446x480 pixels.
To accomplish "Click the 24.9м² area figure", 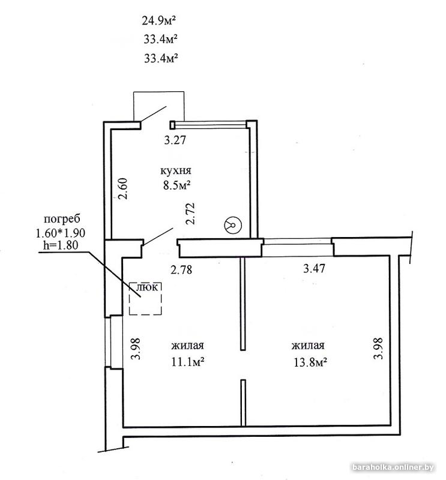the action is pos(158,21).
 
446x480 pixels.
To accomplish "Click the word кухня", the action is pos(176,170).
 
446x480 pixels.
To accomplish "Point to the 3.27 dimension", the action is pos(175,140).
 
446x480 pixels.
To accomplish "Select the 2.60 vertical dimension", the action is pos(123,188).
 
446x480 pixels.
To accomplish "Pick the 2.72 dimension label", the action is pos(190,214).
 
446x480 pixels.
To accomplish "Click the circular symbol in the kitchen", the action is pos(233,225).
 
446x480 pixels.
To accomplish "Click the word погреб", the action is pos(62,219).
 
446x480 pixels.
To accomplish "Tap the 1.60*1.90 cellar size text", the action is pos(61,233).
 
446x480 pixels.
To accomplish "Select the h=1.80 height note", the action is pos(61,245).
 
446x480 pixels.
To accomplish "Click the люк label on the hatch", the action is pos(146,287).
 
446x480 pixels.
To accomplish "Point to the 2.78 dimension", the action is pos(181,269).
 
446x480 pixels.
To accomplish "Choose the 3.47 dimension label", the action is pos(314,268).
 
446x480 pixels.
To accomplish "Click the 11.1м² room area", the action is pos(188,362).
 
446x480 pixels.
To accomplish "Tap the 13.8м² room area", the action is pos(310,362).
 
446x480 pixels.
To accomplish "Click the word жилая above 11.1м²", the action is pos(187,346).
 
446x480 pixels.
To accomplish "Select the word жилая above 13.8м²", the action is pos(308,346).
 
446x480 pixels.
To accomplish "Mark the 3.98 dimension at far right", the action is pos(379,349).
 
